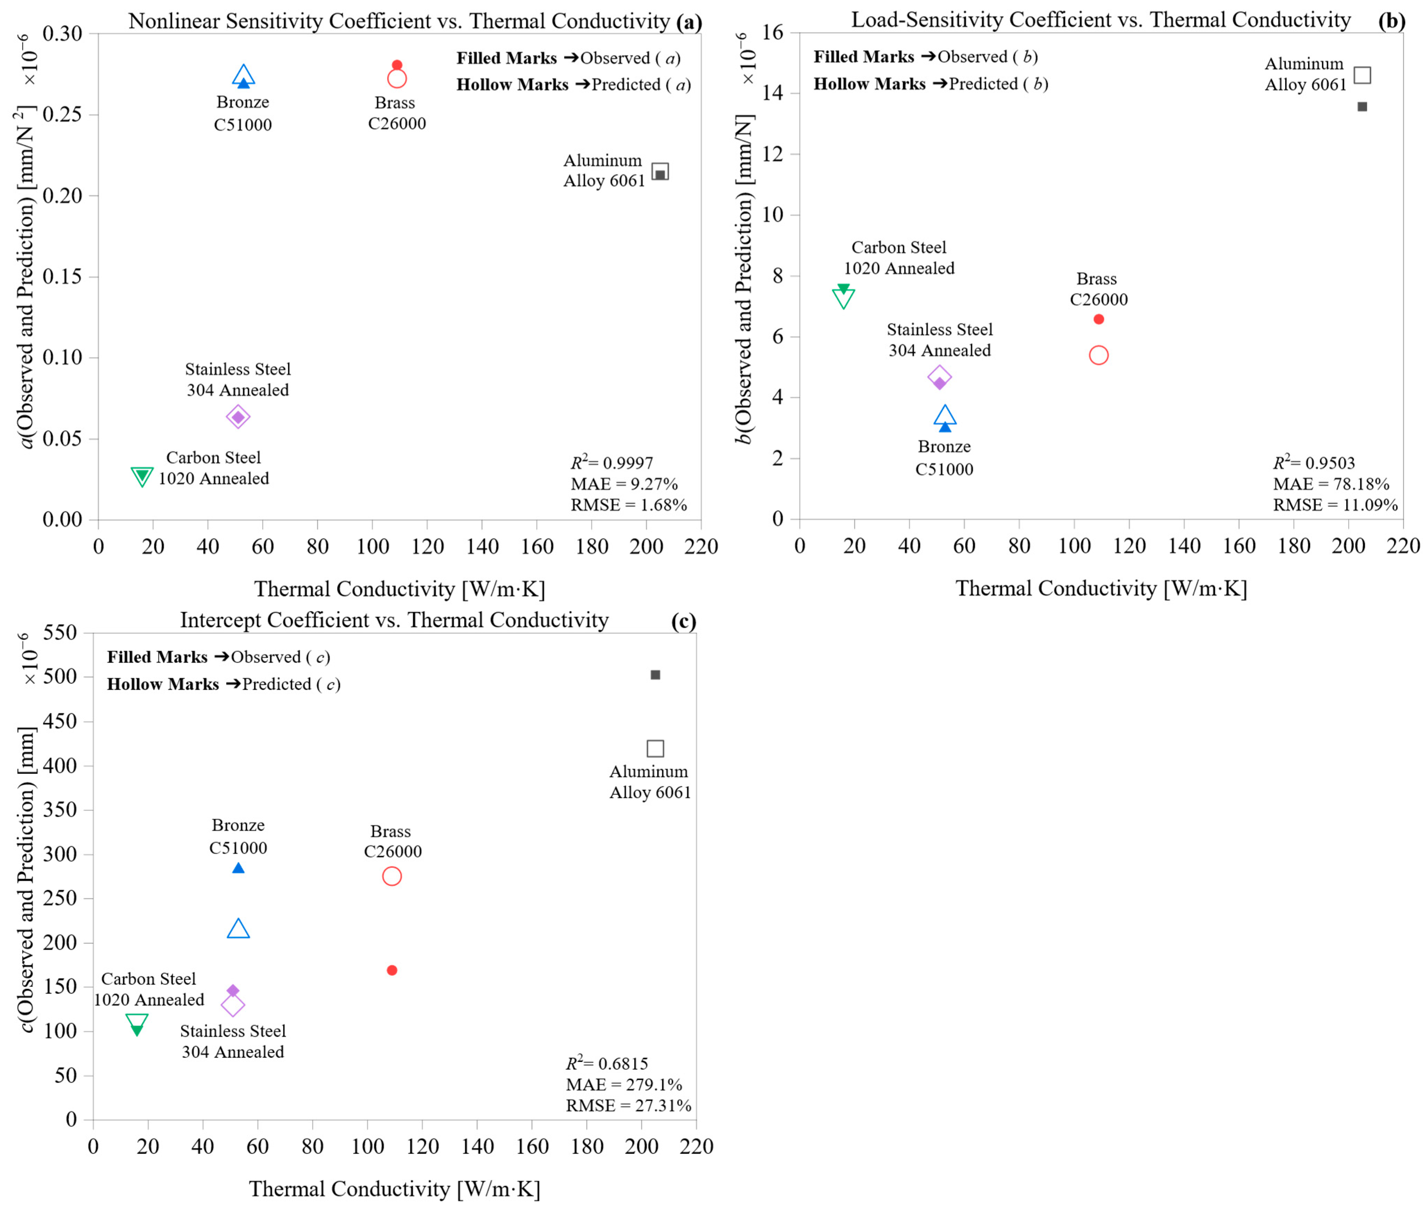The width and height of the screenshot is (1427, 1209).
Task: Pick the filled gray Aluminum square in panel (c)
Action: [655, 675]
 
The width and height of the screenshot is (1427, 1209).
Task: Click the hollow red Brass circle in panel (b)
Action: [1099, 355]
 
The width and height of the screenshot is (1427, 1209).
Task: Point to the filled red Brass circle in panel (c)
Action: [392, 970]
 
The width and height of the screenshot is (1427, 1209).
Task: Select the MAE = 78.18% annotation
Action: [1331, 484]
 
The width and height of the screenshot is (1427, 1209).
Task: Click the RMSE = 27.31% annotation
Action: [628, 1106]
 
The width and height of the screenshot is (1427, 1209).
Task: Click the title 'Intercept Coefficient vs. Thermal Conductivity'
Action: [394, 620]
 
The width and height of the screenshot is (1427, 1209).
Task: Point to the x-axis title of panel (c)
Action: [394, 1189]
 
